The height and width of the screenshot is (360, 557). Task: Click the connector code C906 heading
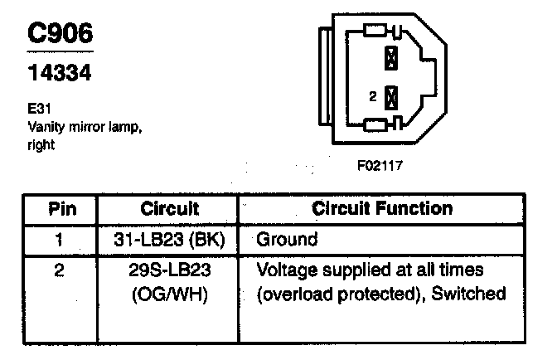click(61, 33)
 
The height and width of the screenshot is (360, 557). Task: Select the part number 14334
click(61, 74)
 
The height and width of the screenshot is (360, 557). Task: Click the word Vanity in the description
click(46, 127)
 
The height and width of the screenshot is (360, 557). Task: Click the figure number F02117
click(380, 165)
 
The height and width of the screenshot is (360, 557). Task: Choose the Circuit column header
click(170, 208)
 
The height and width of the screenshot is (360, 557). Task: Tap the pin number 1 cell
click(58, 240)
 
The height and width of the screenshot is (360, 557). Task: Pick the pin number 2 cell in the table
click(58, 271)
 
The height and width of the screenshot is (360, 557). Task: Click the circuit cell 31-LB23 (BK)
click(170, 240)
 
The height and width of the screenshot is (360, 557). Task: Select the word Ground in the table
click(287, 240)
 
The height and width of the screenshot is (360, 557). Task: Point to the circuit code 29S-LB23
click(170, 271)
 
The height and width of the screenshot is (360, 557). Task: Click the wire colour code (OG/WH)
click(170, 294)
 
